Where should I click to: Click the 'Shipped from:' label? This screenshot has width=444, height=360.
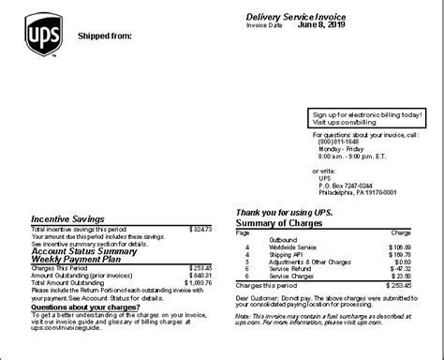click(102, 37)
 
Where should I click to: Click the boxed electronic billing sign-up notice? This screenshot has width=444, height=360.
click(366, 118)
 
